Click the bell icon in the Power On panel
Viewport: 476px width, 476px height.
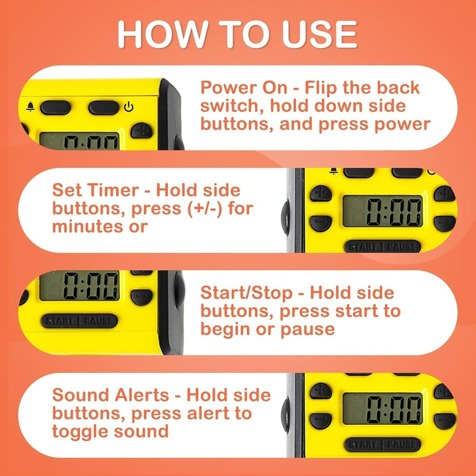coord(30,107)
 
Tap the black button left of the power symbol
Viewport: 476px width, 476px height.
coord(104,108)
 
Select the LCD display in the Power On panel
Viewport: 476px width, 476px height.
coord(79,140)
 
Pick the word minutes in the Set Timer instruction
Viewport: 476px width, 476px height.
coord(87,227)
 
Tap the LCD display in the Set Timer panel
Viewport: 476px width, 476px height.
coord(383,212)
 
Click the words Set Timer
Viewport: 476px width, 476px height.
coord(95,191)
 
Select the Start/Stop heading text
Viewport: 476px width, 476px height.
coord(247,293)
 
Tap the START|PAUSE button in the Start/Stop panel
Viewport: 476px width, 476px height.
coord(79,321)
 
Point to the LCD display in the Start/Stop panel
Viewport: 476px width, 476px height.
coord(79,285)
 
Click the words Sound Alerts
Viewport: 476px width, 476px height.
coord(111,395)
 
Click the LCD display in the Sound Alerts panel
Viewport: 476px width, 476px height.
coord(383,409)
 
